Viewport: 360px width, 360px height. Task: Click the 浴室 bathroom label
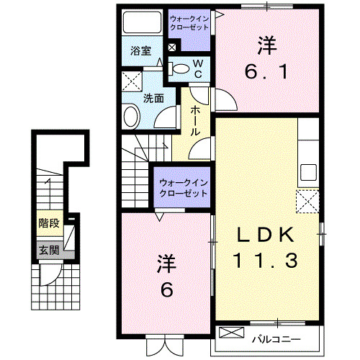(140, 51)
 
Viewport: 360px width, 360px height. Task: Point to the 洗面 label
(153, 99)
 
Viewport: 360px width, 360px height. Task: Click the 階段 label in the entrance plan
(49, 223)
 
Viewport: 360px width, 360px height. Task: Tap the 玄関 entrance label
(49, 251)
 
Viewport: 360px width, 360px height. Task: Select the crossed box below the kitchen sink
(309, 201)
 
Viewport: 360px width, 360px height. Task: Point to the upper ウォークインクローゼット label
(189, 22)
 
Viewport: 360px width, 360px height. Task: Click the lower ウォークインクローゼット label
(183, 188)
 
